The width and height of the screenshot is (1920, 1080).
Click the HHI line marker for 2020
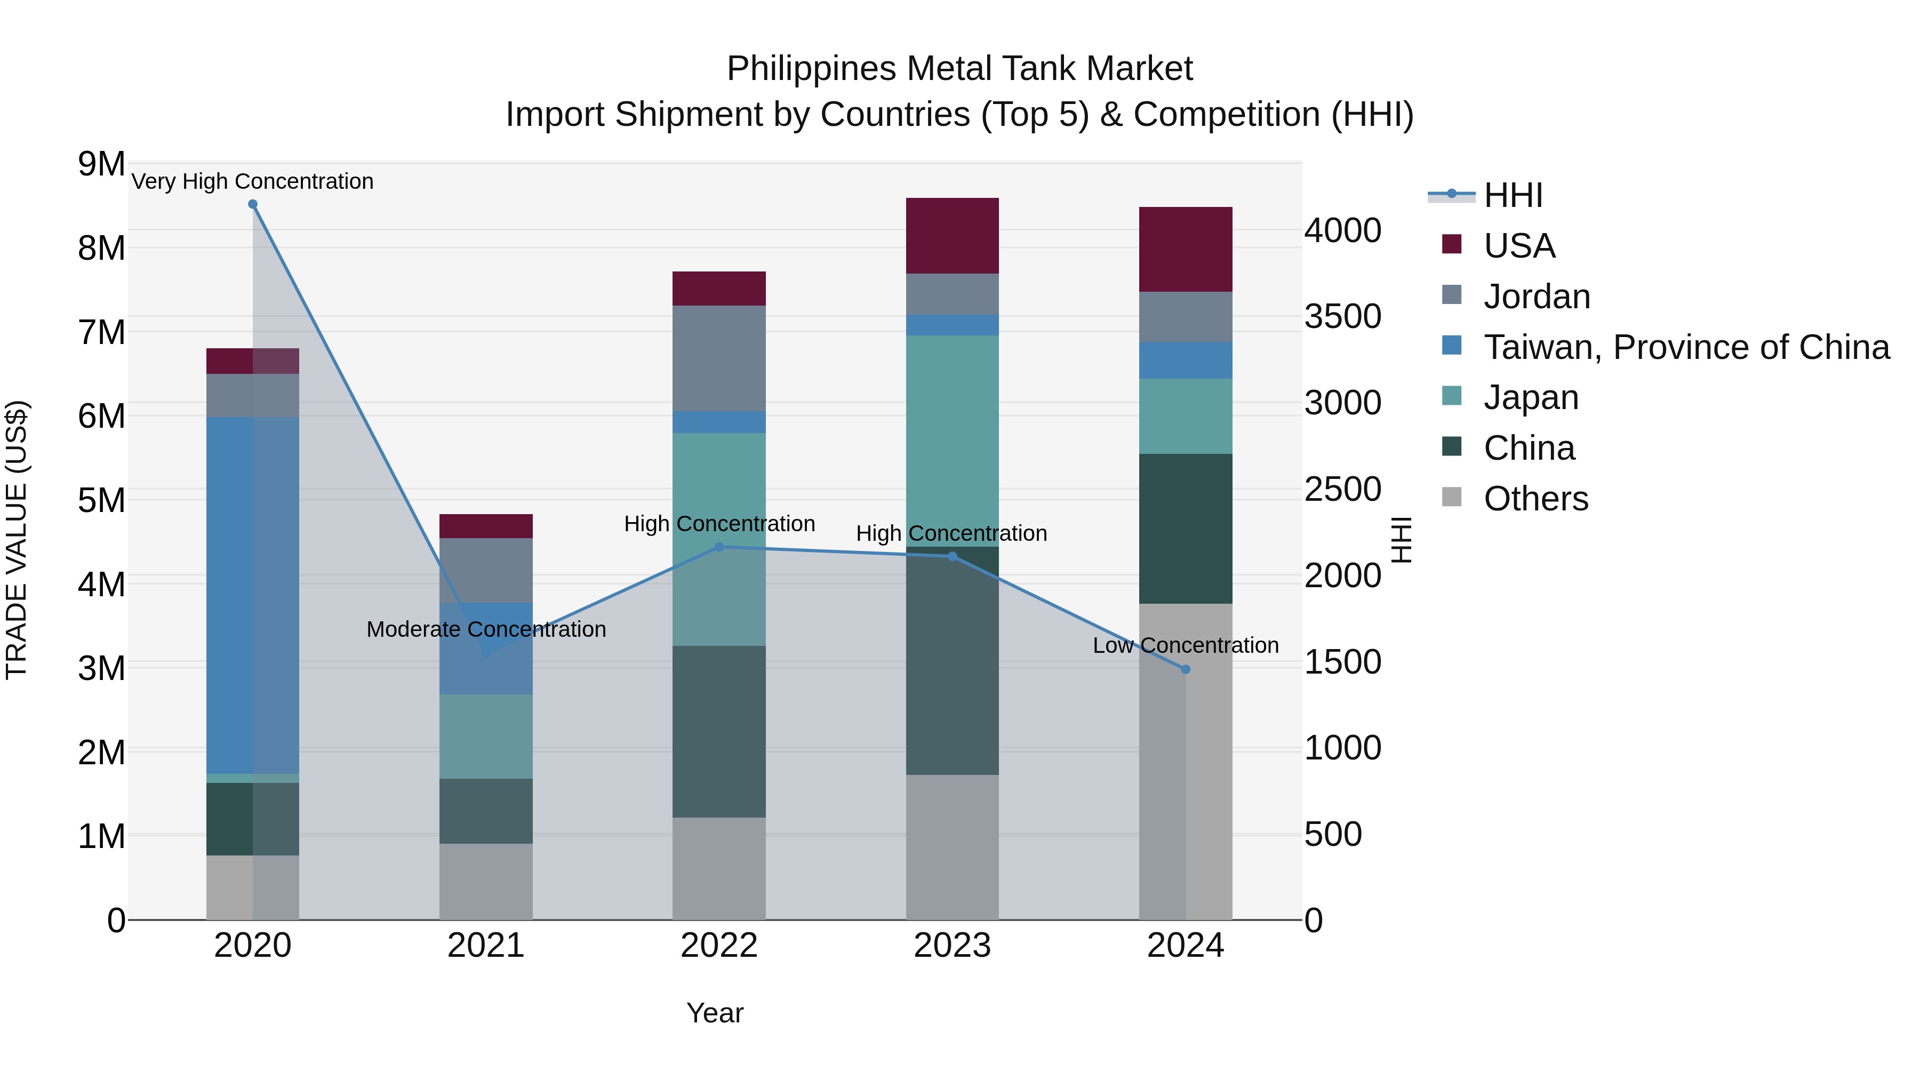pyautogui.click(x=253, y=204)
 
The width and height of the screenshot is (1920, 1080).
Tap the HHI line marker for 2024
pyautogui.click(x=1186, y=669)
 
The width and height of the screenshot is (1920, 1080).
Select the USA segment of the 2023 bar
pyautogui.click(x=952, y=236)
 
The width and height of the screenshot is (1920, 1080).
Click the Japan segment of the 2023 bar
pyautogui.click(x=952, y=441)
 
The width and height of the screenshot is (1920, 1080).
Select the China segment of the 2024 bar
pyautogui.click(x=1186, y=529)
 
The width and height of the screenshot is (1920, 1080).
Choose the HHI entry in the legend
pyautogui.click(x=1513, y=195)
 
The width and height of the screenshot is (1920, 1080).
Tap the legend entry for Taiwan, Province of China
pyautogui.click(x=1686, y=347)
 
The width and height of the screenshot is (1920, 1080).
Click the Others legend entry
pyautogui.click(x=1535, y=499)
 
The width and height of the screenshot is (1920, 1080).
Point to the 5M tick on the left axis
pyautogui.click(x=102, y=500)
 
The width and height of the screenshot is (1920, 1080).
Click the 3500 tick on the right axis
pyautogui.click(x=1342, y=316)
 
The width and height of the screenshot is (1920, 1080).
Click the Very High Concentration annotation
pyautogui.click(x=253, y=181)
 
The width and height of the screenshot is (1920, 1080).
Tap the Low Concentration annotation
pyautogui.click(x=1185, y=645)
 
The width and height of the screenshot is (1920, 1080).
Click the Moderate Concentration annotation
pyautogui.click(x=486, y=629)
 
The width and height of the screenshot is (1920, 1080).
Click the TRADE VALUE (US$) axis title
pyautogui.click(x=17, y=540)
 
